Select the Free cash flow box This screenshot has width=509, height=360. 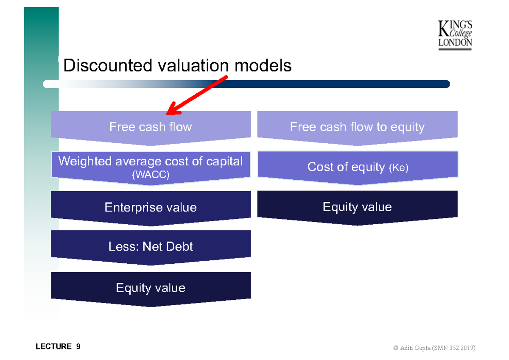point(151,127)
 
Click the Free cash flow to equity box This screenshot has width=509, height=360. point(357,127)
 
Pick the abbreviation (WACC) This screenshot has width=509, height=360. point(151,175)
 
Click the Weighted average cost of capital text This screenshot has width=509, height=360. point(151,161)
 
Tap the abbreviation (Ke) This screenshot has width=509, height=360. point(398,168)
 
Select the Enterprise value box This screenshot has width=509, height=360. point(151,207)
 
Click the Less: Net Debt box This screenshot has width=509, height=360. point(151,246)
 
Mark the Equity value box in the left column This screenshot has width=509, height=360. point(151,288)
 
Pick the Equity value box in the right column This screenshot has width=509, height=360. point(357,207)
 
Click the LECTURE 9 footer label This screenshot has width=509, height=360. point(58,346)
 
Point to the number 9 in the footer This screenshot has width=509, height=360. point(78,346)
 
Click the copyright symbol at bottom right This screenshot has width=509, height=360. point(396,348)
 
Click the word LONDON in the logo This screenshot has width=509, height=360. point(455,43)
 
